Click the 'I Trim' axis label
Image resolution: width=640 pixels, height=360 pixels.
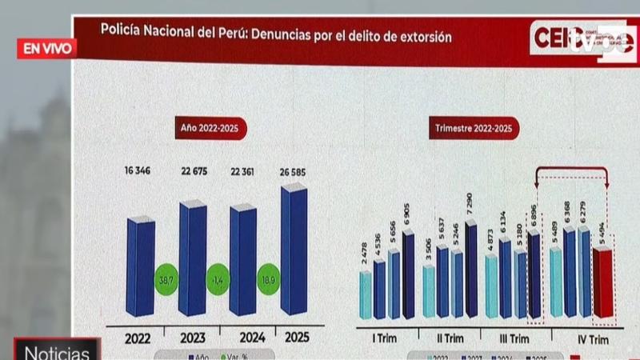386,339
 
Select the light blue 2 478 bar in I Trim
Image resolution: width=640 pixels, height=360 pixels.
366,294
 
